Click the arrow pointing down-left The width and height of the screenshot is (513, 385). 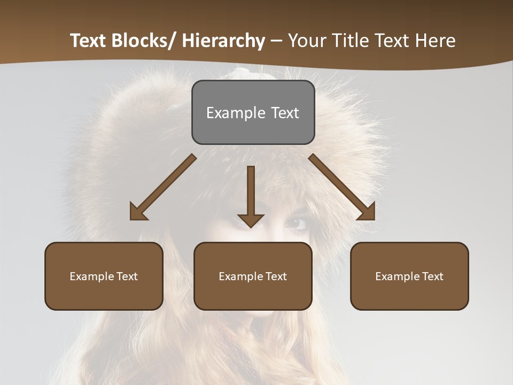pyautogui.click(x=163, y=187)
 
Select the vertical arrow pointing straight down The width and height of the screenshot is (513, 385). pyautogui.click(x=251, y=195)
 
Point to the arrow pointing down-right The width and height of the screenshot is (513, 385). pyautogui.click(x=342, y=187)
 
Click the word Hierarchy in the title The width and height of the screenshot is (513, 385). pyautogui.click(x=223, y=41)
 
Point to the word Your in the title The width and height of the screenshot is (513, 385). pyautogui.click(x=307, y=41)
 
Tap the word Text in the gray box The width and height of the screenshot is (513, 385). pyautogui.click(x=285, y=113)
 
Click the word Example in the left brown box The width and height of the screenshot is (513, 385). pyautogui.click(x=92, y=276)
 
